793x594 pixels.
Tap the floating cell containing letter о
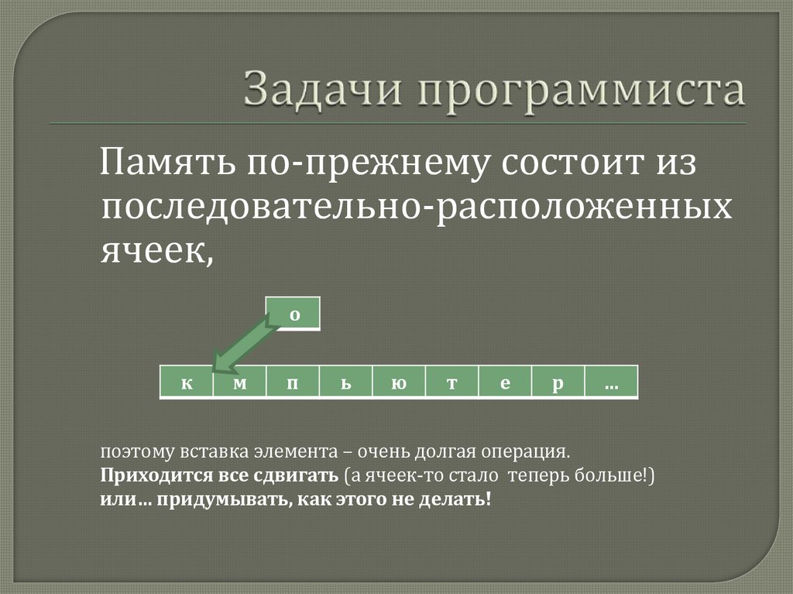click(x=294, y=314)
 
